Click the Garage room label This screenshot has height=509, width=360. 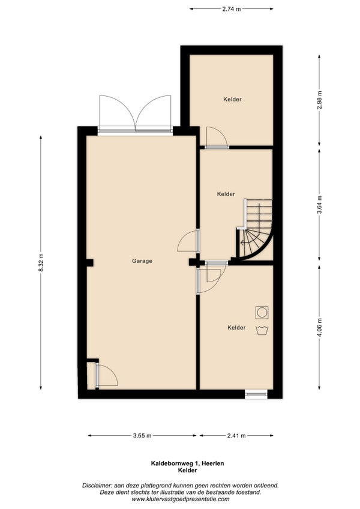142,261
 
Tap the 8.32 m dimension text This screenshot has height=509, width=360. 41,262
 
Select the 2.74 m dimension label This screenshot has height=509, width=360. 232,9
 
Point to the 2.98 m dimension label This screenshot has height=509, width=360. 319,100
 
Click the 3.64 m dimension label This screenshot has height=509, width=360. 319,205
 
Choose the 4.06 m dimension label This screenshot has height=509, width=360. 319,328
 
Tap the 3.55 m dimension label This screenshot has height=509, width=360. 142,436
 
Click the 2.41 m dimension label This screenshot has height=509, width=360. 236,436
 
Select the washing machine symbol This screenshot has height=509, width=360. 262,312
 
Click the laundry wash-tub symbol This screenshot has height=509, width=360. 262,331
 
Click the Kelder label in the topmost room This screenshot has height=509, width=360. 232,99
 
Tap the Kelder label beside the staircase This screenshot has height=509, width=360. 226,194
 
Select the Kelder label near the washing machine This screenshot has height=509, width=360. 236,328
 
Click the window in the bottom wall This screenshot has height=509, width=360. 256,394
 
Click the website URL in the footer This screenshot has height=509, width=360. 181,499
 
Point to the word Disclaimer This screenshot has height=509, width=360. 97,486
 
